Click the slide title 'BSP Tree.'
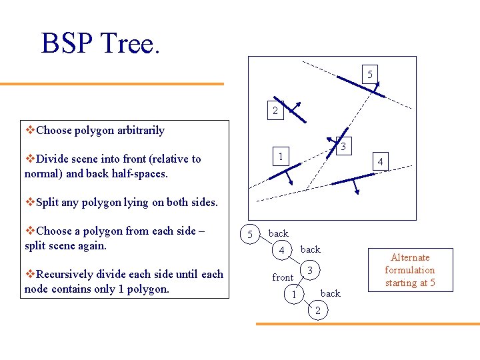(101, 43)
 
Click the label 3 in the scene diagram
(342, 146)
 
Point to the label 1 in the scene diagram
(281, 157)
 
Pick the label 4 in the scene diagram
(379, 162)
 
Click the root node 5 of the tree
(249, 234)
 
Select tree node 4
(282, 251)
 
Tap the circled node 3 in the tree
(309, 269)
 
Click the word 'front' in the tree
(283, 277)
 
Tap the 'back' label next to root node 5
(278, 233)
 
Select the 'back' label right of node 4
(310, 249)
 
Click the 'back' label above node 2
(330, 293)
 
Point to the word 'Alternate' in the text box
(410, 257)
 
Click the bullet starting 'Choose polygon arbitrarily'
(99, 130)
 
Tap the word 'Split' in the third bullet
(49, 202)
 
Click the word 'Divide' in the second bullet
(53, 159)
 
